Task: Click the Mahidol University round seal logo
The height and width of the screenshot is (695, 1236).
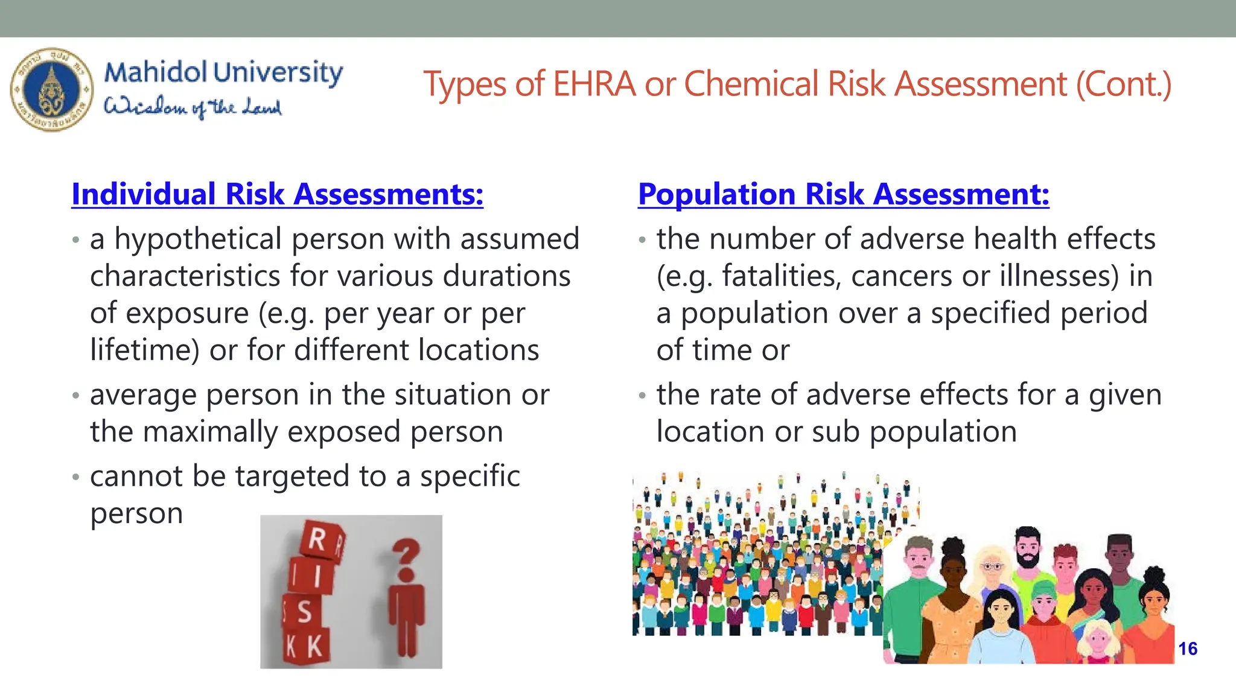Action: point(52,89)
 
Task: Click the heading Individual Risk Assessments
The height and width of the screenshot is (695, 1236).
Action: point(277,194)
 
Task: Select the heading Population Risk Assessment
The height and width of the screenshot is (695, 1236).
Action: point(843,194)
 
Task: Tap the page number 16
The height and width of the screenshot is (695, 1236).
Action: point(1188,649)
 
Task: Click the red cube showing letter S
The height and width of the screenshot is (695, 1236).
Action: point(304,611)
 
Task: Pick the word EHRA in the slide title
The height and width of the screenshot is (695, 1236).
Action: point(594,84)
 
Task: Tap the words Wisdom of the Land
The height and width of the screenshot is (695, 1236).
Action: point(193,107)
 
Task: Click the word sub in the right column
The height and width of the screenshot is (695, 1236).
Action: point(836,432)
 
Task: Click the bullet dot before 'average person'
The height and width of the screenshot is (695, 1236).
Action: point(75,396)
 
